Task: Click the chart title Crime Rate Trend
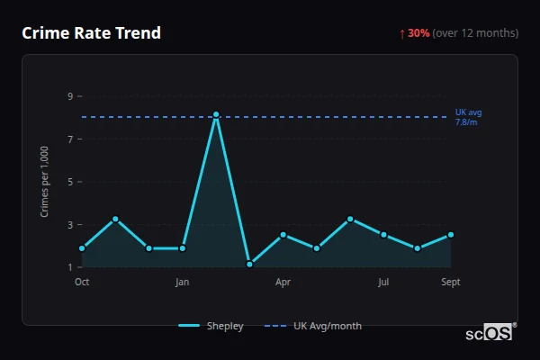92,33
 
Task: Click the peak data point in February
216,115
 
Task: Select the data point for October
82,248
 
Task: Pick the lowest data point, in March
249,265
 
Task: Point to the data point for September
451,235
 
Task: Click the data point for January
183,248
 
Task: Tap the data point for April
283,235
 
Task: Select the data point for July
383,235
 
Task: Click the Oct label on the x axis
82,283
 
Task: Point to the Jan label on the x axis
183,283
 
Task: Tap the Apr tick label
283,283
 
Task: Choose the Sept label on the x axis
451,283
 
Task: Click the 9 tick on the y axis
69,96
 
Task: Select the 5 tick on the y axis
69,182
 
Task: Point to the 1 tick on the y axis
69,267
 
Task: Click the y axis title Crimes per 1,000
45,181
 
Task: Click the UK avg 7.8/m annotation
468,117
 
